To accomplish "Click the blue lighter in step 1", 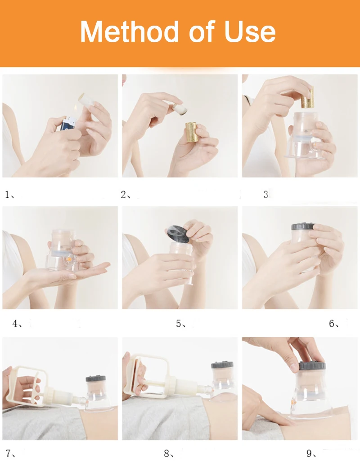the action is pyautogui.click(x=67, y=123).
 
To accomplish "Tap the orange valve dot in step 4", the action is pyautogui.click(x=68, y=260).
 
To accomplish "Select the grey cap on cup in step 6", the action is pyautogui.click(x=303, y=226).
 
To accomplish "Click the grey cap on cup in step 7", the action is pyautogui.click(x=95, y=379).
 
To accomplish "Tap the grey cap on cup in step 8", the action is pyautogui.click(x=222, y=365).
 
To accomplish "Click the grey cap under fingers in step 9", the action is pyautogui.click(x=312, y=366).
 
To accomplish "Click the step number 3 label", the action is pyautogui.click(x=265, y=195).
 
